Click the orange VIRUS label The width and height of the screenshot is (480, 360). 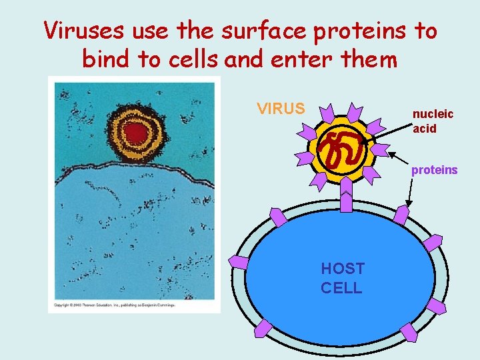(x=281, y=108)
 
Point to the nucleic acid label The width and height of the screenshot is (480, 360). (x=433, y=121)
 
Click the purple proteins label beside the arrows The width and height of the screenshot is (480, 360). (x=434, y=170)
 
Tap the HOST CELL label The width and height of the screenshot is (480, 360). (x=343, y=278)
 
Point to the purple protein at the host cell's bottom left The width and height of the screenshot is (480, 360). (x=263, y=327)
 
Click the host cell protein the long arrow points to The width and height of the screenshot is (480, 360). (x=402, y=213)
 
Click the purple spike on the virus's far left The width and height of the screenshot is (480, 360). (x=304, y=157)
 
